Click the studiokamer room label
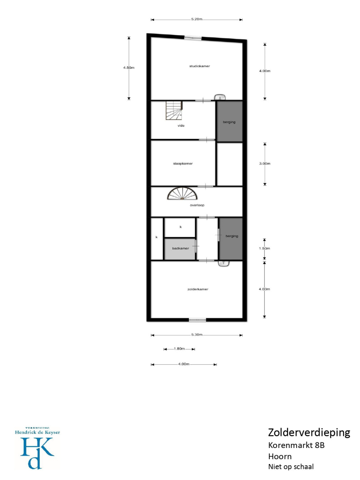[199, 66]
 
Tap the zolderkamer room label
[198, 289]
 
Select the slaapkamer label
[182, 164]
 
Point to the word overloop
[197, 205]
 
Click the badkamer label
[180, 248]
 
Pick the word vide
[181, 126]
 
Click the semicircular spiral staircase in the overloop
[182, 193]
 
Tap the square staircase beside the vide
[174, 110]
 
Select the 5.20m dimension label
[196, 19]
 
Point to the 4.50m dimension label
[128, 68]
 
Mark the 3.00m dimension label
[265, 164]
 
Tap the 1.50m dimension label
[264, 248]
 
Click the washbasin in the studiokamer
[220, 97]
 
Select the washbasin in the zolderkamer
[223, 263]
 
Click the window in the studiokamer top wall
[192, 38]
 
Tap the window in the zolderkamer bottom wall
[197, 320]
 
